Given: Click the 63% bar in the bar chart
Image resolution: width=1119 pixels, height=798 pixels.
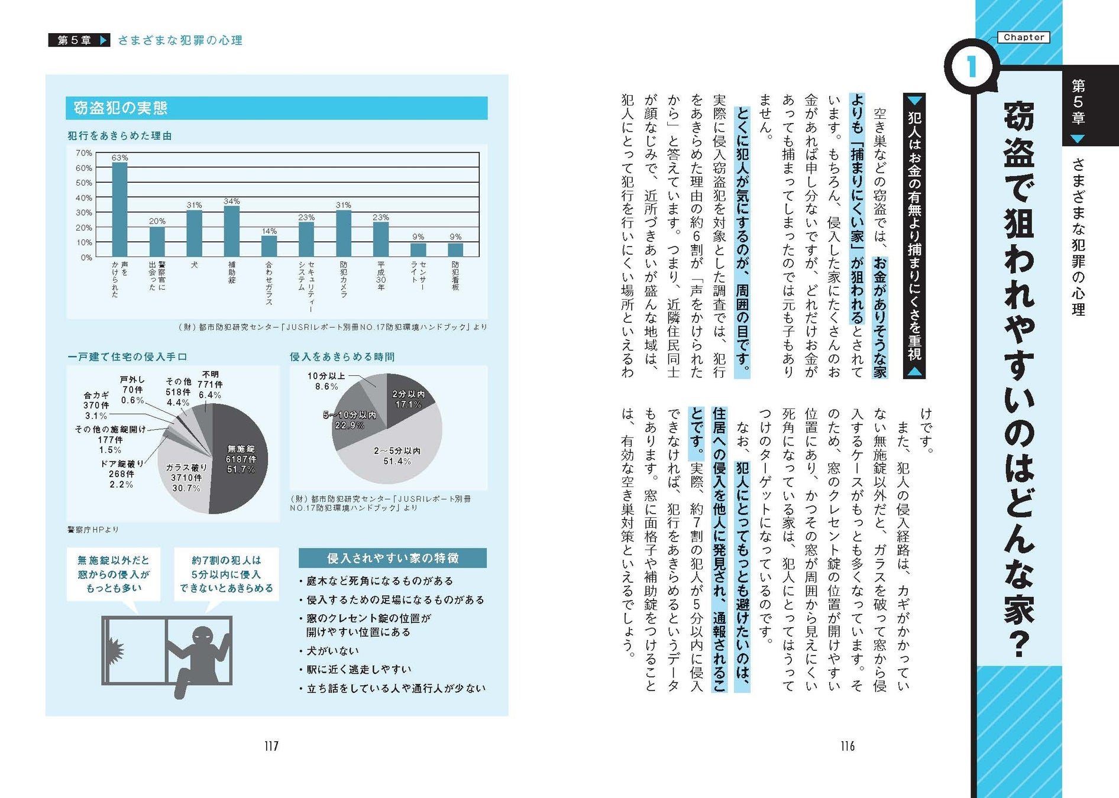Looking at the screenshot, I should [119, 209].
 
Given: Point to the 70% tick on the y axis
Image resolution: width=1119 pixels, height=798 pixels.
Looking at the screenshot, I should [84, 153].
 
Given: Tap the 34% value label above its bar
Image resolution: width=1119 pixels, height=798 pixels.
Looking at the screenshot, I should [231, 202].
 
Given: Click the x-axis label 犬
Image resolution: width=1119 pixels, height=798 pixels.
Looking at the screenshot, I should [194, 265].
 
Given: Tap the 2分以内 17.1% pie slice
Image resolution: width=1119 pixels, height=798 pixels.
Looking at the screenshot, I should [408, 399].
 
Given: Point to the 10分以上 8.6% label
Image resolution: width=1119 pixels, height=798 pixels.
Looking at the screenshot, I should [326, 381].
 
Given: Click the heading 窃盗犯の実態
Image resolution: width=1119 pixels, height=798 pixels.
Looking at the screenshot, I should [121, 108].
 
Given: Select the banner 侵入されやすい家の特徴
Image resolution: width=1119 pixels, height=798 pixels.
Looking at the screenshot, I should [392, 558].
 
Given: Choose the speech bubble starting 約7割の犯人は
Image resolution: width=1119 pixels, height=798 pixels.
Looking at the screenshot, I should [226, 574].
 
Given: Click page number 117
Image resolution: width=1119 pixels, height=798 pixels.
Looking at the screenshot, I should [271, 746].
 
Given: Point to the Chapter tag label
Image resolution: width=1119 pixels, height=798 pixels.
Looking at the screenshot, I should [1024, 37].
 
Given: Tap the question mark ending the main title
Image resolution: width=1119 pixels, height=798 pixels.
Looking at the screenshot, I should [1018, 644].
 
